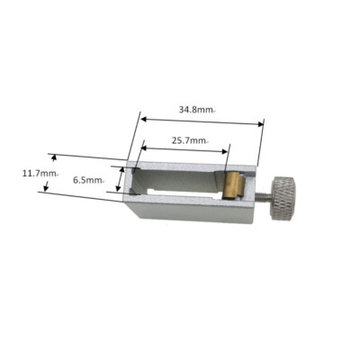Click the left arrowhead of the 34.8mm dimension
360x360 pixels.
pyautogui.click(x=142, y=113)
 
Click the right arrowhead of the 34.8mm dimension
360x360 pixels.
pyautogui.click(x=262, y=124)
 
